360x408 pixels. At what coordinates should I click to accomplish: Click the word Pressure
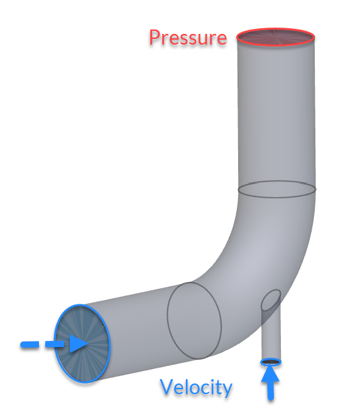tap(188, 38)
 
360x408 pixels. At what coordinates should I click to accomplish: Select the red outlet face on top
tap(276, 37)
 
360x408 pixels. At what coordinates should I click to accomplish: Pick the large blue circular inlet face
tap(82, 343)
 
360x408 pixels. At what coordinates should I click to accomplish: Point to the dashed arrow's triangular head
tap(78, 344)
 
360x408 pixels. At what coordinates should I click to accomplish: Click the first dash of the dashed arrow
tap(30, 345)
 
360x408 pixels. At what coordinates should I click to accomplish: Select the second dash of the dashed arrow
tap(55, 344)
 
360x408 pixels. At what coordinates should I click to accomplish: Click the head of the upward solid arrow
tap(270, 375)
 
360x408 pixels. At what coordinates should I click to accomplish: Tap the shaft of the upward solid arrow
tap(271, 391)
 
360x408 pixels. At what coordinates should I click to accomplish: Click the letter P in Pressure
tap(155, 38)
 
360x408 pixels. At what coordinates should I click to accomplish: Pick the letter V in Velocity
tap(166, 386)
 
